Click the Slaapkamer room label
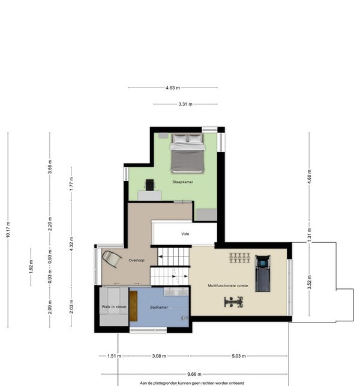pyautogui.click(x=182, y=182)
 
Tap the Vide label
pyautogui.click(x=185, y=234)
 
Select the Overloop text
pyautogui.click(x=137, y=260)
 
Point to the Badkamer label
pyautogui.click(x=159, y=307)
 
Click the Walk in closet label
pyautogui.click(x=114, y=307)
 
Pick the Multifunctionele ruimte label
pyautogui.click(x=228, y=285)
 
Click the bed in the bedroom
pyautogui.click(x=188, y=153)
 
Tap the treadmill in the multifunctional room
pyautogui.click(x=263, y=273)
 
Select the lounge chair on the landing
pyautogui.click(x=112, y=258)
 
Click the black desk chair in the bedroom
pyautogui.click(x=150, y=185)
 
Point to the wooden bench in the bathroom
pyautogui.click(x=133, y=306)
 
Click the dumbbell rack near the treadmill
pyautogui.click(x=239, y=258)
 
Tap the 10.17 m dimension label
pyautogui.click(x=8, y=230)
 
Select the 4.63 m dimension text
pyautogui.click(x=173, y=88)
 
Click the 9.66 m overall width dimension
pyautogui.click(x=194, y=374)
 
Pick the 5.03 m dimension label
pyautogui.click(x=239, y=356)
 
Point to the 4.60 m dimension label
pyautogui.click(x=310, y=176)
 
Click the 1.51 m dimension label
pyautogui.click(x=114, y=356)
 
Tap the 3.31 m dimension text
pyautogui.click(x=185, y=104)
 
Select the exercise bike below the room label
pyautogui.click(x=233, y=302)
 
